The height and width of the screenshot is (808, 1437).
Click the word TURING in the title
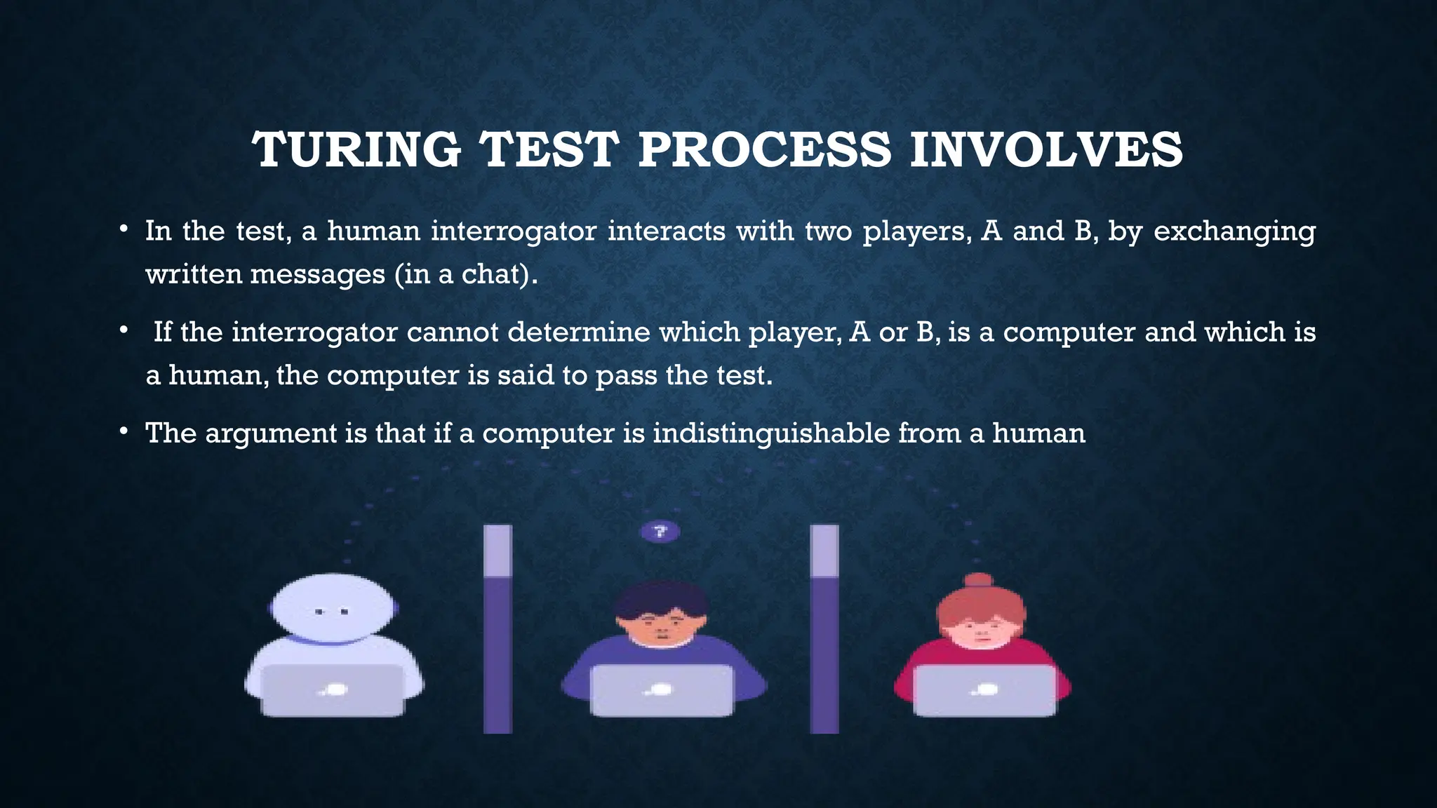[x=356, y=150]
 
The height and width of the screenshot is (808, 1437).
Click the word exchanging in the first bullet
[x=1234, y=231]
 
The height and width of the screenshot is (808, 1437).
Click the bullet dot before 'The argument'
[x=123, y=431]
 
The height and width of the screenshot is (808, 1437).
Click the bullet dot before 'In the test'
[x=123, y=229]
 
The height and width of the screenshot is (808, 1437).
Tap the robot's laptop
[x=333, y=689]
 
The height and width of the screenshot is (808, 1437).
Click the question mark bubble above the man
[x=660, y=532]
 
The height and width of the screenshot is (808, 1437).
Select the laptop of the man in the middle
[x=661, y=689]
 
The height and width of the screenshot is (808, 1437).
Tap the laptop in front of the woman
[x=984, y=689]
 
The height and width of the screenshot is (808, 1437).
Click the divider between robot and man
[x=497, y=629]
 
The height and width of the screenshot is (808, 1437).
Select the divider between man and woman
[x=824, y=629]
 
